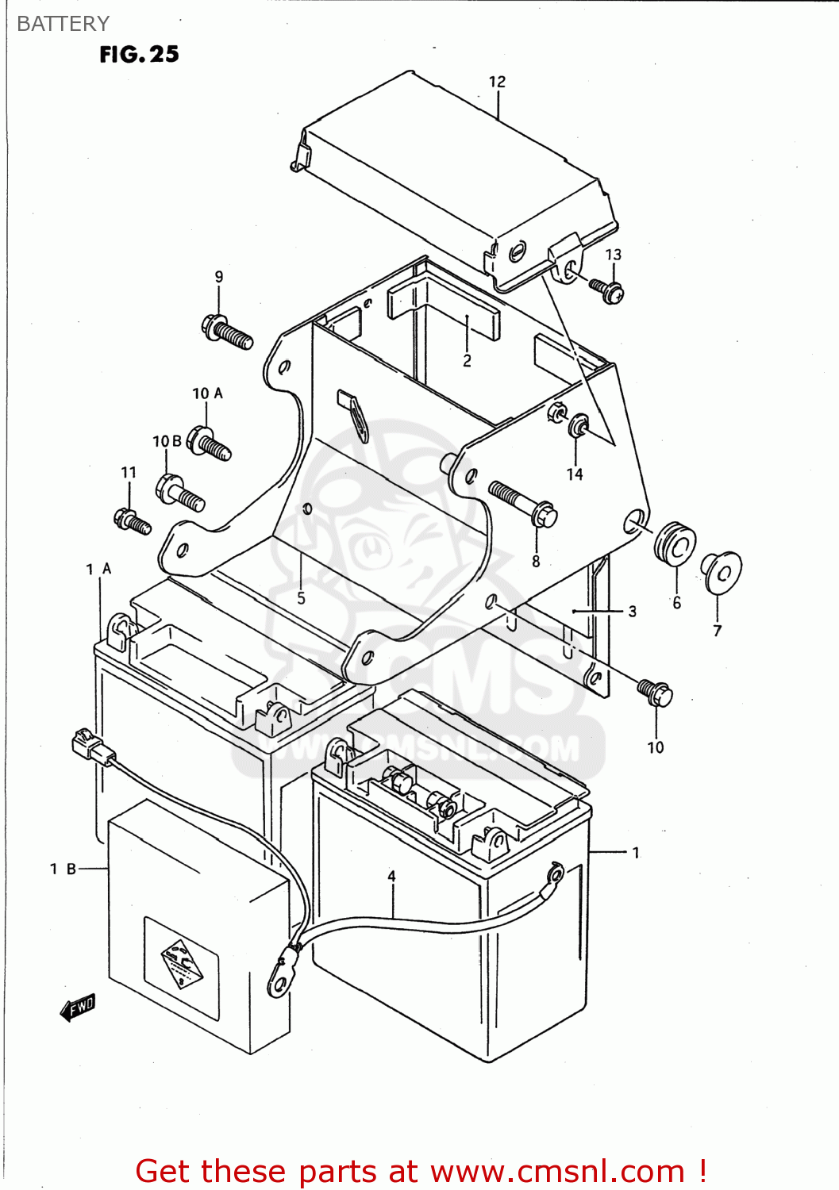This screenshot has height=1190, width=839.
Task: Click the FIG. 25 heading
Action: (x=139, y=54)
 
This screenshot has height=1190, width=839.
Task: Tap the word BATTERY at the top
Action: (x=63, y=24)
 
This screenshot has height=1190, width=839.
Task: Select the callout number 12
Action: (x=497, y=82)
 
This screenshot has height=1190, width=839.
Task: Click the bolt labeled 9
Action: (x=227, y=332)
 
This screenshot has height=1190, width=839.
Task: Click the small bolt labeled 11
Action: (x=132, y=521)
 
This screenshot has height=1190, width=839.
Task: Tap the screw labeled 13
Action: (x=607, y=290)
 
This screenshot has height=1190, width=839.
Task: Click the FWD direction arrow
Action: (x=78, y=1008)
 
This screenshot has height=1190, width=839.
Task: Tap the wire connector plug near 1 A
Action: (x=88, y=747)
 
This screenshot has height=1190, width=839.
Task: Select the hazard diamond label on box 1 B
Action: (x=181, y=963)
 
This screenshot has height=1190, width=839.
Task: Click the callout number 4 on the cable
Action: (x=391, y=876)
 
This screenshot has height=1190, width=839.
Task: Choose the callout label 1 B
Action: (x=63, y=869)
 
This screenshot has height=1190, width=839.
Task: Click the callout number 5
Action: (x=301, y=598)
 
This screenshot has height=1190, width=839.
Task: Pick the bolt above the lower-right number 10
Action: (x=655, y=693)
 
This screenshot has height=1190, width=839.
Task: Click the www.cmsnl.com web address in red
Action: (x=558, y=1171)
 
